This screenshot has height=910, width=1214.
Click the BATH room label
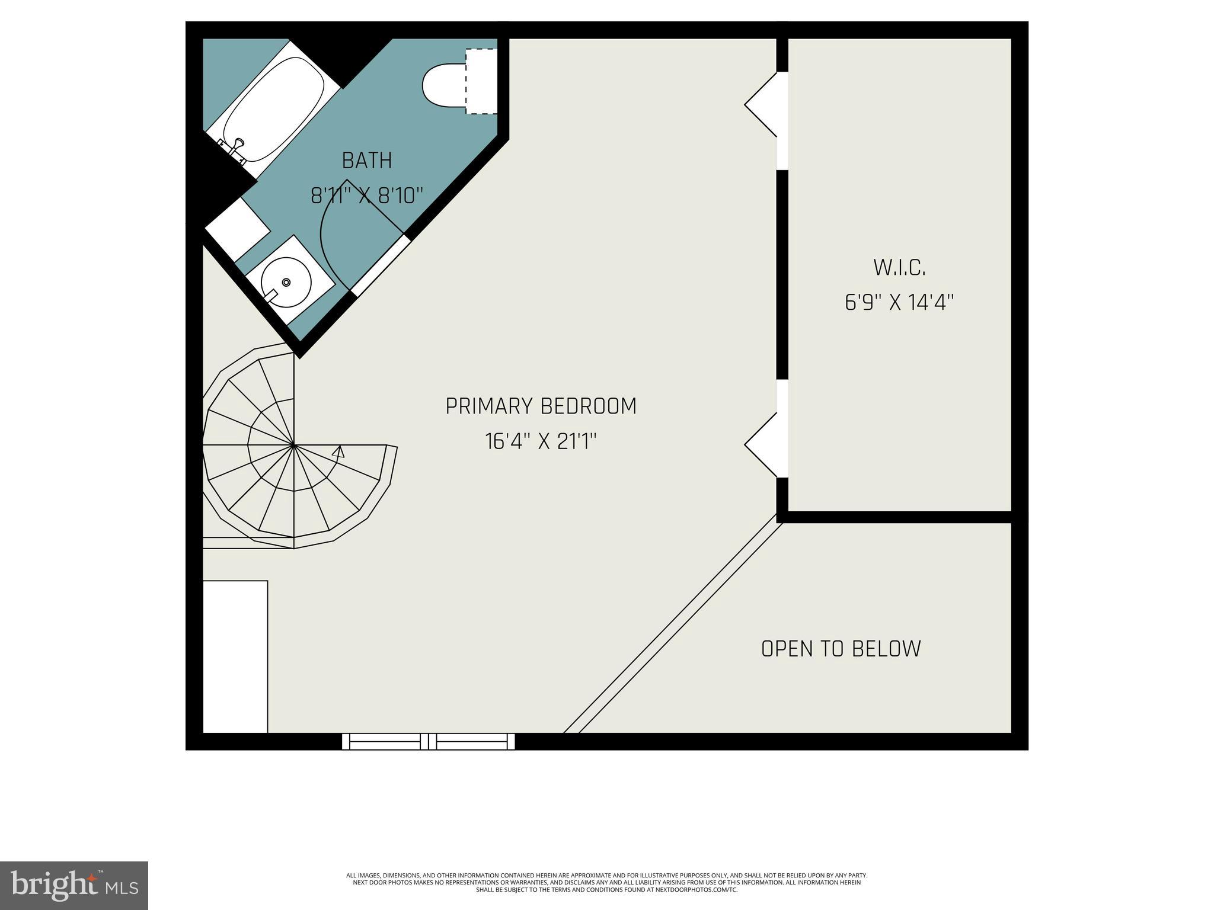point(367,161)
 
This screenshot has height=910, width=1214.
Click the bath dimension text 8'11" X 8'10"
point(367,196)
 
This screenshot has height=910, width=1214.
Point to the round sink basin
point(287,283)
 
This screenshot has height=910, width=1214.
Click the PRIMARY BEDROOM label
point(541,406)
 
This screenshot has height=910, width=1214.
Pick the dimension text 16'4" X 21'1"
point(541,441)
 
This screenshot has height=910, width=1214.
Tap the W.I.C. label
point(899,268)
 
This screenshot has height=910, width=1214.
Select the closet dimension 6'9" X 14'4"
point(899,303)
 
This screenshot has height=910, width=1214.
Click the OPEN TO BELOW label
point(841,649)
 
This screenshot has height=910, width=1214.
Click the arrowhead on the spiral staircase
point(338,452)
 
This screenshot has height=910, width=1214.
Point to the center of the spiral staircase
point(293,444)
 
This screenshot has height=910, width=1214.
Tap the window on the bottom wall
point(429,741)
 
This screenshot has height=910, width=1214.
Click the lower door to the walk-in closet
point(765,444)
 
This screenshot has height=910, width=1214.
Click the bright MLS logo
point(74,885)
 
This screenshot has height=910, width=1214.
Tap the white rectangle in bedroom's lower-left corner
point(235,656)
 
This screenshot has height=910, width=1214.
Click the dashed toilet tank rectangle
point(481,81)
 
